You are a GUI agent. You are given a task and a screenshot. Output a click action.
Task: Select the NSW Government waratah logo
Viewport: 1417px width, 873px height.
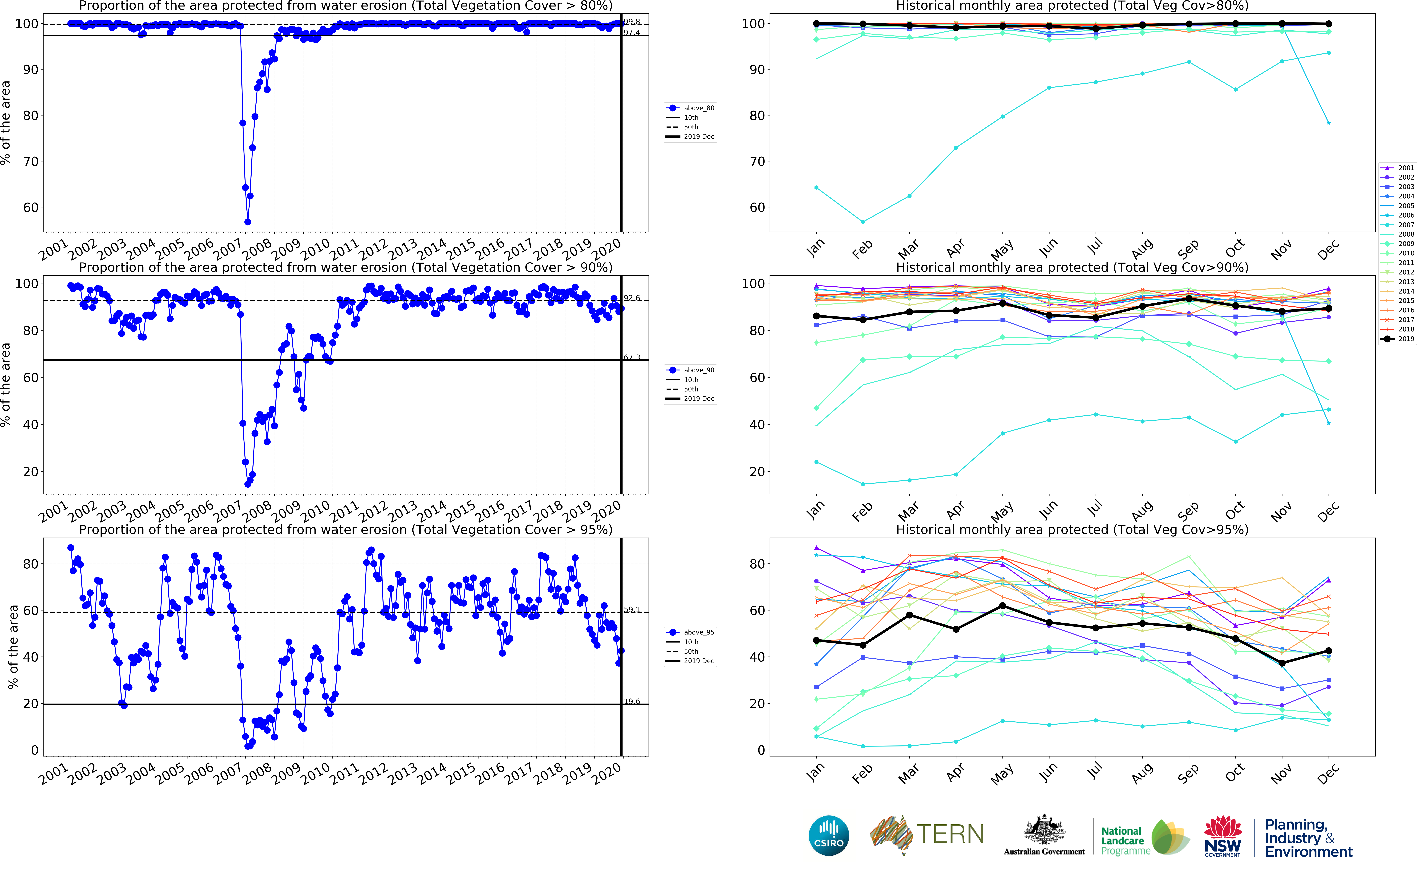1222,836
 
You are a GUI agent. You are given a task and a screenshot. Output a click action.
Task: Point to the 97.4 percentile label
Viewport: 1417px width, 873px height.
632,33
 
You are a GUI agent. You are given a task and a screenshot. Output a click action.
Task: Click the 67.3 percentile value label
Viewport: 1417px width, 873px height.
632,357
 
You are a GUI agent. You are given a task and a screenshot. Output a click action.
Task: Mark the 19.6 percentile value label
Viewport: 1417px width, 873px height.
632,701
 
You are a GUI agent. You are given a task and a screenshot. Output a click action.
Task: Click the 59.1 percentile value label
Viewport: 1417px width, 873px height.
632,610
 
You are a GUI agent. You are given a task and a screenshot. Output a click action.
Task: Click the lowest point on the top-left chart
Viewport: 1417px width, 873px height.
248,222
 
